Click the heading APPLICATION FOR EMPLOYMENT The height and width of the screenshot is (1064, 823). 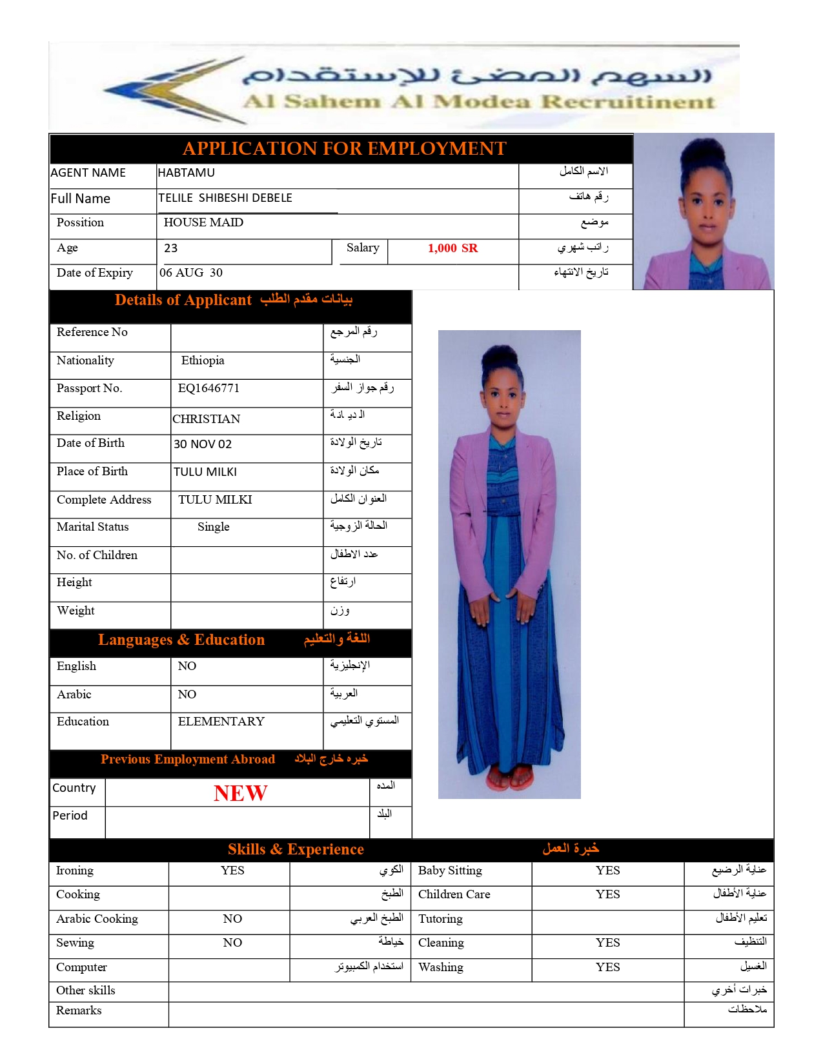344,149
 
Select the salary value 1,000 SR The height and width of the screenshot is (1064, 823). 452,248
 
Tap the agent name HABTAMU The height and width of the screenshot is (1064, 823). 187,173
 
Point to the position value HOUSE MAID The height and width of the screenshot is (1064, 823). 203,222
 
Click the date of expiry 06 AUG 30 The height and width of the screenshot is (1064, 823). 191,273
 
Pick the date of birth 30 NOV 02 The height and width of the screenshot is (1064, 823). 203,444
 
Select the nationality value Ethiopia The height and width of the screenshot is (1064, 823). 203,360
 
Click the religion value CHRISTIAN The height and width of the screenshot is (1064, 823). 207,419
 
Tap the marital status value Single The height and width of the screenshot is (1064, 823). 214,527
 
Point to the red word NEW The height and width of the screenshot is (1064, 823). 240,793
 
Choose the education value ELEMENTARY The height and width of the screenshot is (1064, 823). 221,722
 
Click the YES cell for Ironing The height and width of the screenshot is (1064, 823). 232,871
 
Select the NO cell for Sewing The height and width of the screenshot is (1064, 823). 232,943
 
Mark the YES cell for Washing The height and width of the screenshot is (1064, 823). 607,967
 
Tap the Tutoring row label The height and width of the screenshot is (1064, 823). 440,919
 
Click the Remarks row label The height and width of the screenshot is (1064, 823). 79,1010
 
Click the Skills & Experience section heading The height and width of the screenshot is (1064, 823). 296,849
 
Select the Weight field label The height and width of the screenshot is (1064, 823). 76,611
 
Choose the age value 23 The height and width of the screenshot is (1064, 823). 171,248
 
